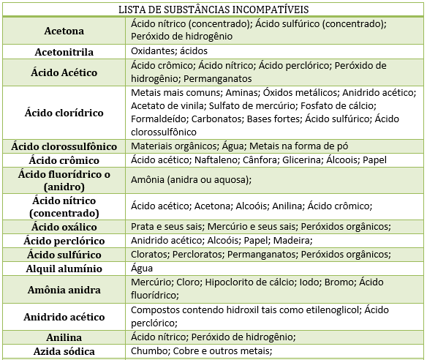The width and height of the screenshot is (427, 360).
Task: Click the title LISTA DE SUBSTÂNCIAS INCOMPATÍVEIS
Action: (213, 10)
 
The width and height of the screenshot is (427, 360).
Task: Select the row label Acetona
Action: (64, 31)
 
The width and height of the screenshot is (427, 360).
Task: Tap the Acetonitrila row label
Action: (64, 52)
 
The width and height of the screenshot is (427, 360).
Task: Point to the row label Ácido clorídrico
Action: (64, 113)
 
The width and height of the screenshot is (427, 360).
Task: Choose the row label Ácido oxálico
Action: (64, 226)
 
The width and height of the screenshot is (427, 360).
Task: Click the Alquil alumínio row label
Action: (64, 269)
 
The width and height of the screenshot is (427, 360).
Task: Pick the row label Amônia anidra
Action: (64, 290)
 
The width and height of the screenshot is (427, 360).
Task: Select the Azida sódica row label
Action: (64, 352)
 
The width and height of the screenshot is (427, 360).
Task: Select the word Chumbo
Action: (149, 351)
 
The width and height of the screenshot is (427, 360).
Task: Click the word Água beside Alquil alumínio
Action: (143, 269)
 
